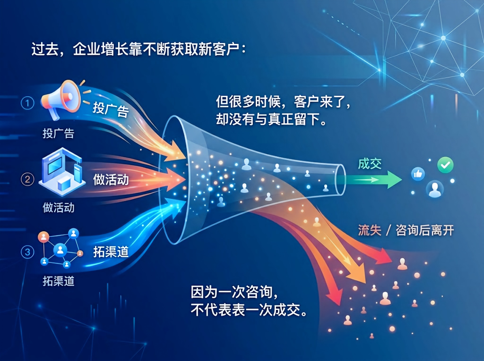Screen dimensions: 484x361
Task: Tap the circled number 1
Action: pos(27,103)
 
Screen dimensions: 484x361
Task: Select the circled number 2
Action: pos(27,179)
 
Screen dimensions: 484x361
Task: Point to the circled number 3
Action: pos(27,252)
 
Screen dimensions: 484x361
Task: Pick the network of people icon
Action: pos(60,249)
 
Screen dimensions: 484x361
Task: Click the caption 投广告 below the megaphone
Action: pos(58,134)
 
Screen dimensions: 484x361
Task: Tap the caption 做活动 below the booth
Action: pos(58,208)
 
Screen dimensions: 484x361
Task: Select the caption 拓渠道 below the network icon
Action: pos(58,281)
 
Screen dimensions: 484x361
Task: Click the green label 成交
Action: pos(370,164)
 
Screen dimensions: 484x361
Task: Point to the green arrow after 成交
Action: pos(373,180)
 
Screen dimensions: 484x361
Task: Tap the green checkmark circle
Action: pos(445,165)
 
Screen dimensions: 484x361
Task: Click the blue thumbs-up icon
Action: pos(418,174)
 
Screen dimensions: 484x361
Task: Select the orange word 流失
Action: pos(370,230)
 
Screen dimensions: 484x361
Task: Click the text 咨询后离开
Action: pos(425,230)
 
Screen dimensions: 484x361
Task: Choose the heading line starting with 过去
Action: pos(138,50)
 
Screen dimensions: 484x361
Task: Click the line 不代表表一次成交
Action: pos(249,310)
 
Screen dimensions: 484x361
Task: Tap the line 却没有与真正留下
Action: pos(272,119)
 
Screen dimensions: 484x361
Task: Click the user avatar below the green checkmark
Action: pos(435,188)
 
